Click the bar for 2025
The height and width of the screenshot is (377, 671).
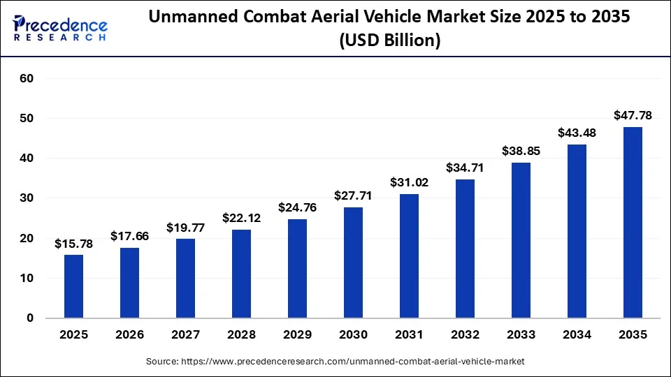[73, 286]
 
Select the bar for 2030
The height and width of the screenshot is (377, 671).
[353, 263]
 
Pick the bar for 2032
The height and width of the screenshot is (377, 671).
[465, 249]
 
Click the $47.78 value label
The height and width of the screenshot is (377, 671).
[633, 114]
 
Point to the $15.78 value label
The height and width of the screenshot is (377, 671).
[73, 243]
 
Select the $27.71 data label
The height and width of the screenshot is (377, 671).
[353, 195]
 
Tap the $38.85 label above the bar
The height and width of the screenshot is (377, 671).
[521, 151]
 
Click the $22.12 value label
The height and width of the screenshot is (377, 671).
[241, 218]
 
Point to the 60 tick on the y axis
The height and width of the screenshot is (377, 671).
[26, 79]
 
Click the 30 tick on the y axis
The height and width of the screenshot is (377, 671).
[26, 198]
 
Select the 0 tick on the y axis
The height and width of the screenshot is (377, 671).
[29, 318]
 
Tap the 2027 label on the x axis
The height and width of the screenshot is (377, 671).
[185, 334]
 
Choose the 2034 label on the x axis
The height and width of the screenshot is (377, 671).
[577, 334]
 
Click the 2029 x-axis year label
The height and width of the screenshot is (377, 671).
[297, 334]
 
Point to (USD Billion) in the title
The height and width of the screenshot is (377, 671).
[389, 41]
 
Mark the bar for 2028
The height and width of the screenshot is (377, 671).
[241, 274]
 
